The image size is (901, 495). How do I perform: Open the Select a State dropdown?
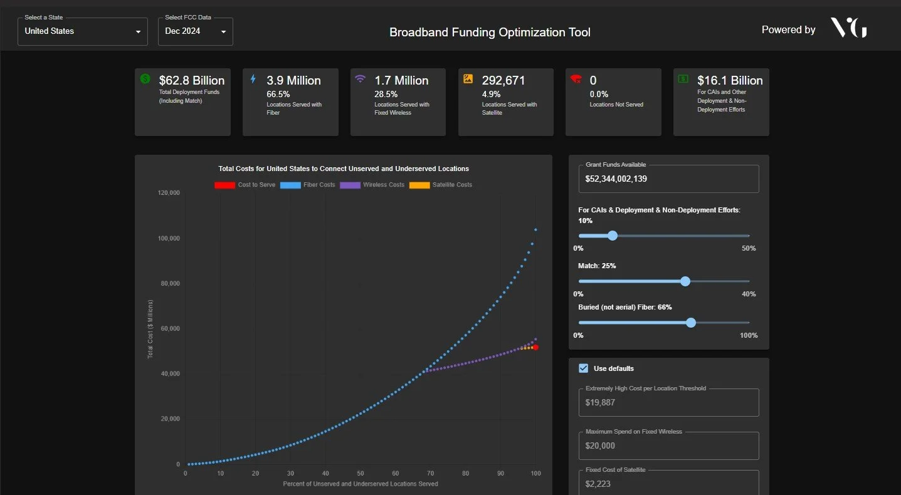(82, 31)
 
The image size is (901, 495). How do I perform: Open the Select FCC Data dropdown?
(195, 31)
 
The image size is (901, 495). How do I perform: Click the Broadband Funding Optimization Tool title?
(490, 32)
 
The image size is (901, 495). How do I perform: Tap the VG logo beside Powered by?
(848, 28)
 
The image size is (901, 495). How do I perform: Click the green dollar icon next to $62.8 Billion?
(145, 79)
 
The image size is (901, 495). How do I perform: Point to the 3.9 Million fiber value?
(293, 80)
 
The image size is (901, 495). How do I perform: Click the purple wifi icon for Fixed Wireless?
(360, 79)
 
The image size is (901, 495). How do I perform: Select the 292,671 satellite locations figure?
(503, 80)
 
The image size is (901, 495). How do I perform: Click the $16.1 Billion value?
(730, 80)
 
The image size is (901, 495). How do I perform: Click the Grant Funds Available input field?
(668, 179)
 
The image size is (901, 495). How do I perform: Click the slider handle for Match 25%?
(685, 281)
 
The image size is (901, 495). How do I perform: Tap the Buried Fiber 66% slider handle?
(691, 323)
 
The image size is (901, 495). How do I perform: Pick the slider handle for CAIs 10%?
(613, 236)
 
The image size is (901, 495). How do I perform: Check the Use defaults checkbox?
(584, 368)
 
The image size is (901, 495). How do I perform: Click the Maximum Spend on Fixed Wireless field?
(668, 446)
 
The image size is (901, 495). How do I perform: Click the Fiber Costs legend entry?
(308, 185)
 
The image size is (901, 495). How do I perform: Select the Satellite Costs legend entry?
(441, 185)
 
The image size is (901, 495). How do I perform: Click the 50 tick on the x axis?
(361, 473)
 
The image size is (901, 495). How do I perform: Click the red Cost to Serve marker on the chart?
(535, 347)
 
